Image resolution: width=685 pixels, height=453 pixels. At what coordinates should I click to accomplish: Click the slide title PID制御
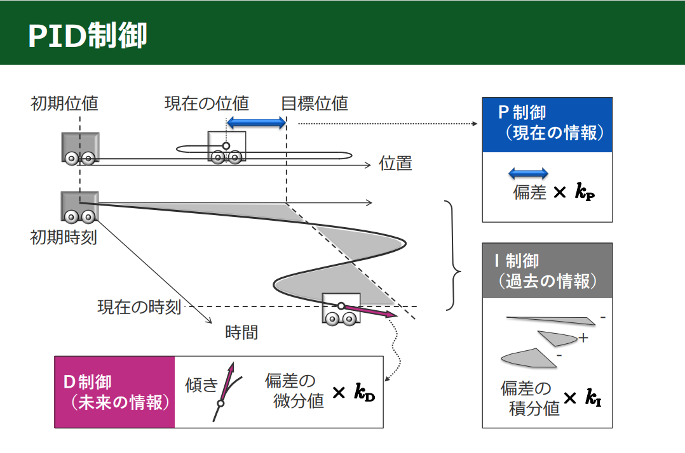pyautogui.click(x=88, y=36)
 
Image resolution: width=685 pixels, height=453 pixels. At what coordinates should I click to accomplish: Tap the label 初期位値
pyautogui.click(x=64, y=103)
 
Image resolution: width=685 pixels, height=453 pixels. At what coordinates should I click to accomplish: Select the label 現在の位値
pyautogui.click(x=207, y=103)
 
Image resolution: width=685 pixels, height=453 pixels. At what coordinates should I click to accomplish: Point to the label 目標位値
pyautogui.click(x=315, y=103)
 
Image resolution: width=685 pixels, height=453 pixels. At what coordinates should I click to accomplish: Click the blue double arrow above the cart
pyautogui.click(x=257, y=122)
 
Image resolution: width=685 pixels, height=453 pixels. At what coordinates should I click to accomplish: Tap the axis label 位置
pyautogui.click(x=395, y=164)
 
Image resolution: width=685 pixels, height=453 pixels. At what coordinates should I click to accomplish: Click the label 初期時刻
pyautogui.click(x=64, y=238)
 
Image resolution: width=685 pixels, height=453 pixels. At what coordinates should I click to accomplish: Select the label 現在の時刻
pyautogui.click(x=139, y=307)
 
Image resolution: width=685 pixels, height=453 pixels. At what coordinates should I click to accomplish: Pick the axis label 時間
pyautogui.click(x=241, y=332)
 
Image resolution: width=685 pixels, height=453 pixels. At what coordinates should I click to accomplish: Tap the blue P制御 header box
pyautogui.click(x=546, y=124)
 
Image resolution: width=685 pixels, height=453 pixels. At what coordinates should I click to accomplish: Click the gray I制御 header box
pyautogui.click(x=546, y=270)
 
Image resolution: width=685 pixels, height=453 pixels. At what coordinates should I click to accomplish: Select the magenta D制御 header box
pyautogui.click(x=115, y=392)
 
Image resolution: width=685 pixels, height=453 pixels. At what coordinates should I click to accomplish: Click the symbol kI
pyautogui.click(x=593, y=398)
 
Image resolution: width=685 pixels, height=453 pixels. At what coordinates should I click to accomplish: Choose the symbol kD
pyautogui.click(x=364, y=393)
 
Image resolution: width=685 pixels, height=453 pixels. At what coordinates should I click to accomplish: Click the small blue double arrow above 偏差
pyautogui.click(x=529, y=173)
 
